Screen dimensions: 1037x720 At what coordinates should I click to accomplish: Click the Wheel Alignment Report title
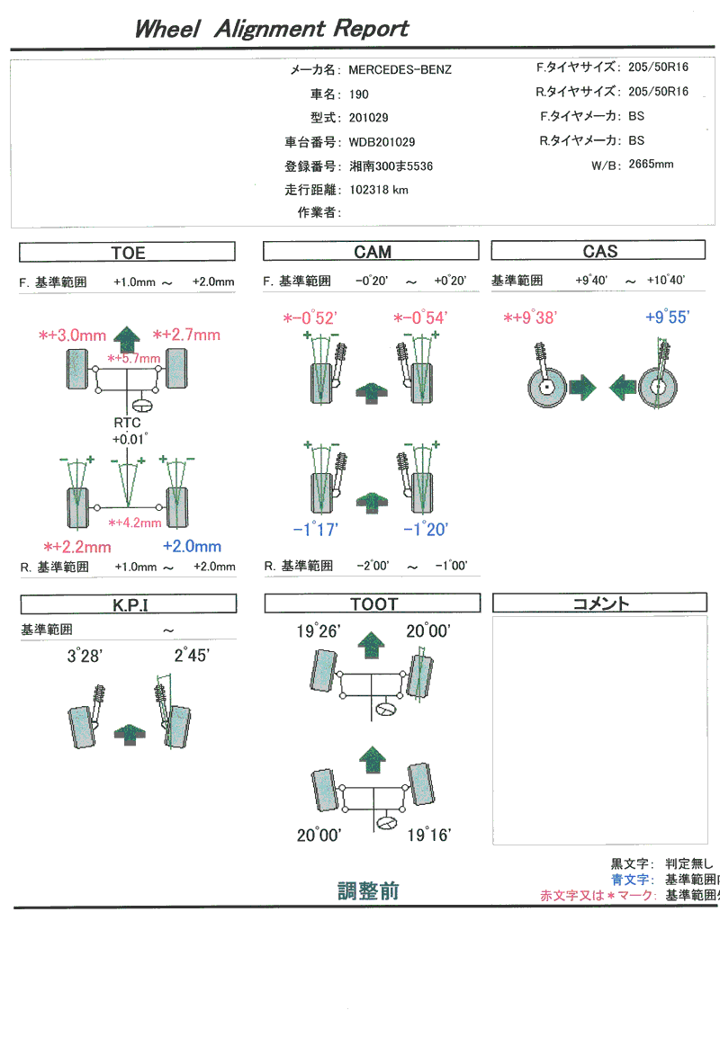pos(271,29)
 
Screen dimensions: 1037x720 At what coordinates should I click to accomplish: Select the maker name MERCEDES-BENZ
pos(400,69)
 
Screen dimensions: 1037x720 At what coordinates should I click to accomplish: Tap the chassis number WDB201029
pos(382,142)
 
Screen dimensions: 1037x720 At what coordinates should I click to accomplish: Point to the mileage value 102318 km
pos(378,190)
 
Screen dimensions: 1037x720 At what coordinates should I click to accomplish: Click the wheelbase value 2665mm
pos(651,164)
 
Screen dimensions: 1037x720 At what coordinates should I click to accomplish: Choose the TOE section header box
pos(127,253)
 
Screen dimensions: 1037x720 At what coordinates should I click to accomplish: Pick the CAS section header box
pos(599,252)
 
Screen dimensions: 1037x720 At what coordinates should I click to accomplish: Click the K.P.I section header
pos(129,605)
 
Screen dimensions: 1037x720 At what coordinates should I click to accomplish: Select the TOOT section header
pos(373,604)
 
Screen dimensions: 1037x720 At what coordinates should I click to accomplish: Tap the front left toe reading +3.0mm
pos(76,335)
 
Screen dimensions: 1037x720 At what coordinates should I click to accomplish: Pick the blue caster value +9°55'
pos(668,317)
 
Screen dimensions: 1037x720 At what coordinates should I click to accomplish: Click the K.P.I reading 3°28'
pos(85,657)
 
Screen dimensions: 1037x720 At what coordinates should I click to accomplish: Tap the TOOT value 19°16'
pos(428,835)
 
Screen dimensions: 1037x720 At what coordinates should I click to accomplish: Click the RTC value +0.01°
pos(130,439)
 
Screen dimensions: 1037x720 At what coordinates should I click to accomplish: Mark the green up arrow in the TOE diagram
pos(129,338)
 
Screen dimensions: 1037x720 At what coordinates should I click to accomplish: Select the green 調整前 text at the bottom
pos(368,891)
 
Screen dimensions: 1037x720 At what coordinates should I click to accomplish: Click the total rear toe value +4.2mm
pos(134,523)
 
